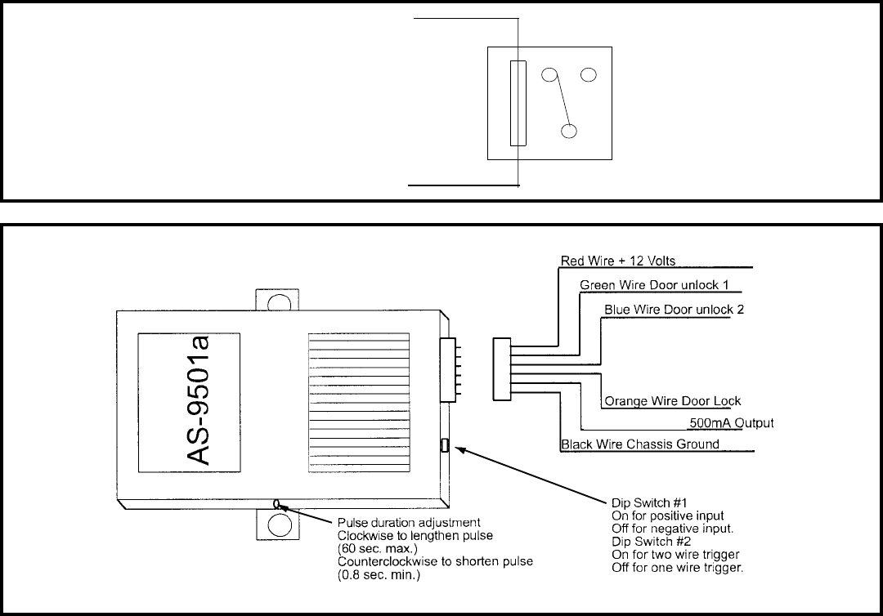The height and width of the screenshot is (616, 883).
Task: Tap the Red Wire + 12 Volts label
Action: tap(618, 261)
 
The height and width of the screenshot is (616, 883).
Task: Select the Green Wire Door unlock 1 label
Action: tap(654, 285)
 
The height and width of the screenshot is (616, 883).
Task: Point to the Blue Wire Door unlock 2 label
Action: tap(674, 310)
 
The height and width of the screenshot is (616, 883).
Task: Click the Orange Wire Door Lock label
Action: tap(672, 401)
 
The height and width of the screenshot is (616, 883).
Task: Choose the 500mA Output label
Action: tap(732, 423)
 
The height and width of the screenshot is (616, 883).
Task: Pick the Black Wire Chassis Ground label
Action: tap(640, 444)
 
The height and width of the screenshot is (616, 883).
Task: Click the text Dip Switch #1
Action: tap(649, 503)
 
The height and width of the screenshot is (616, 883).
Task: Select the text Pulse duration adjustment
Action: tap(409, 523)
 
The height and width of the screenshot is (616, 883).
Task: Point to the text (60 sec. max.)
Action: tap(377, 549)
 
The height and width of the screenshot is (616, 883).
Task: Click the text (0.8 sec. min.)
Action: tap(379, 575)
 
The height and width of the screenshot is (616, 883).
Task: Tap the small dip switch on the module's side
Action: tap(444, 445)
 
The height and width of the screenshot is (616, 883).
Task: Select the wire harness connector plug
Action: tap(502, 369)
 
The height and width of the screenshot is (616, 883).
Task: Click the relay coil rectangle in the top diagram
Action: tap(518, 103)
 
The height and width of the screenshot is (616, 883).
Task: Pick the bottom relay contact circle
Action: tap(569, 131)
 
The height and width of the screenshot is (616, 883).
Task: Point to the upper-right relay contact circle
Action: tap(589, 74)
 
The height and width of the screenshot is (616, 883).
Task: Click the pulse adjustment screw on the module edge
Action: tap(276, 503)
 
